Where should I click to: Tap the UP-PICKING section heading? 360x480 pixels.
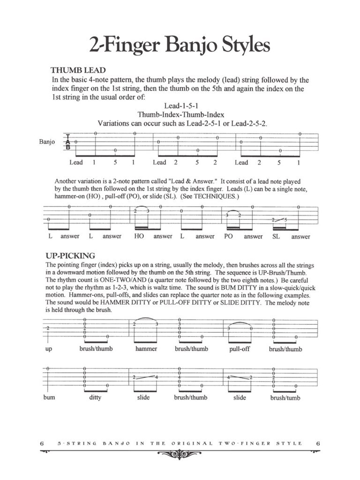point(71,256)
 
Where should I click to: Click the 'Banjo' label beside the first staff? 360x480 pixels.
point(47,142)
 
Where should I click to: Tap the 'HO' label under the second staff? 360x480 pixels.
point(139,237)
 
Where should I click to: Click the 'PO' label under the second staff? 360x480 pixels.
point(229,237)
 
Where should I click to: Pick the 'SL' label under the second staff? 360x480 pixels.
point(276,237)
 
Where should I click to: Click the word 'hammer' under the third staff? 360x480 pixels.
point(146,349)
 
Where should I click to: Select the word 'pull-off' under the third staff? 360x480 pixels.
point(240,349)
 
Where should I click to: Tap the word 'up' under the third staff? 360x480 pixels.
point(49,350)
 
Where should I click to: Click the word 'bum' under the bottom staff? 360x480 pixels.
point(49,397)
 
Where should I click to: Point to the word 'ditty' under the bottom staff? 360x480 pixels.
point(95,397)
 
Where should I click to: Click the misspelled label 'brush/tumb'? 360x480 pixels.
point(285,398)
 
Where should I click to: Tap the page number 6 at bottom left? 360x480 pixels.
point(42,443)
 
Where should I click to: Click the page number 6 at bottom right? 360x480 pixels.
point(318,443)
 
